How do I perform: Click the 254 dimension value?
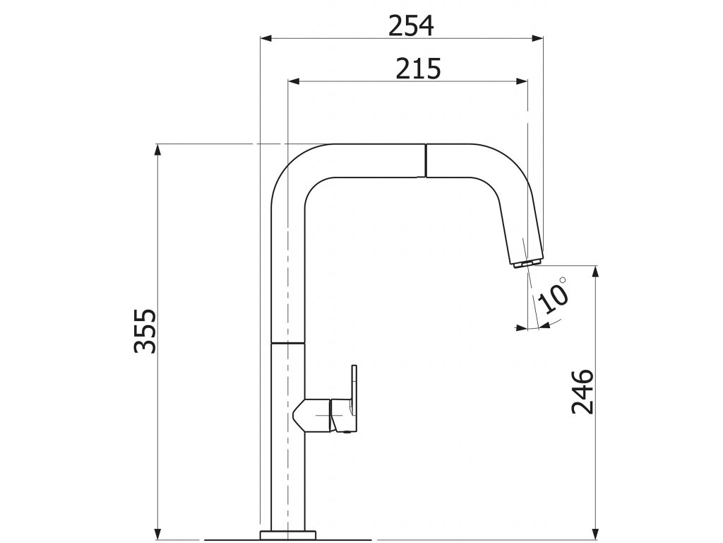pyautogui.click(x=411, y=26)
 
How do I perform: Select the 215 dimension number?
pyautogui.click(x=418, y=69)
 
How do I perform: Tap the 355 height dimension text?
pyautogui.click(x=145, y=331)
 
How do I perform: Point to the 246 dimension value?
pyautogui.click(x=582, y=392)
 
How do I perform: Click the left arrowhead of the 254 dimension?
pyautogui.click(x=266, y=38)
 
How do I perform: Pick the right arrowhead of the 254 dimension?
pyautogui.click(x=537, y=38)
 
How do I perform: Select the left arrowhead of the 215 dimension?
pyautogui.click(x=294, y=81)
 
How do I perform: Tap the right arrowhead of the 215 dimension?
pyautogui.click(x=522, y=81)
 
